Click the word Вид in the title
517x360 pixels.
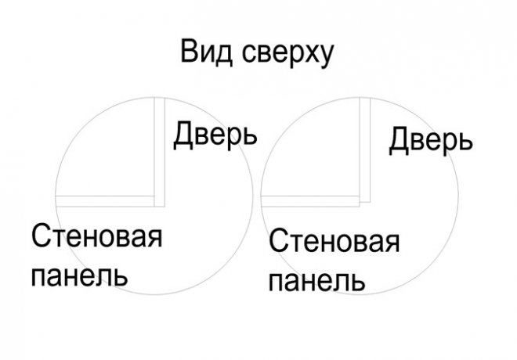click(x=206, y=52)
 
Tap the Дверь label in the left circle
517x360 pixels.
click(x=215, y=135)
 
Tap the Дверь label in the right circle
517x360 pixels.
click(x=431, y=141)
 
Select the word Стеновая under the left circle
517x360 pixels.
click(x=97, y=236)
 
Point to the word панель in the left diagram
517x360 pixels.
click(x=79, y=276)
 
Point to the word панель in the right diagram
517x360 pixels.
click(x=317, y=282)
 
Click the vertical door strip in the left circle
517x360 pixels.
click(x=160, y=152)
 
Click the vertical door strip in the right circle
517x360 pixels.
click(x=365, y=149)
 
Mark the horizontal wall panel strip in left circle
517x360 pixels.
click(x=105, y=201)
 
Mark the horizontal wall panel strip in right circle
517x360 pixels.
click(x=310, y=201)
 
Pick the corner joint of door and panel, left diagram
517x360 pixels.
click(x=160, y=202)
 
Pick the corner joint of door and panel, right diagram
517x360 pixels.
click(x=365, y=201)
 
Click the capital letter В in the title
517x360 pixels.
click(x=189, y=52)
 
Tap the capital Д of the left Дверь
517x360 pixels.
click(x=183, y=135)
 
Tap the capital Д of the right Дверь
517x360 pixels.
click(x=399, y=141)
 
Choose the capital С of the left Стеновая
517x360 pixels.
click(x=42, y=236)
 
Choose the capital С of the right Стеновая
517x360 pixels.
click(x=279, y=241)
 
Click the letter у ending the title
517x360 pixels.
click(x=325, y=57)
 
